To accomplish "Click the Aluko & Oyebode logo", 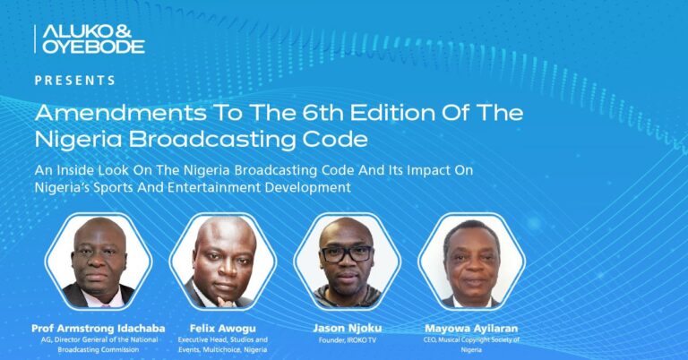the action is (90, 39).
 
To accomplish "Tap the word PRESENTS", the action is (75, 81).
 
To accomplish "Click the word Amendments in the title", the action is (120, 113).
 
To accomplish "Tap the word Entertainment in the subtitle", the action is (213, 187).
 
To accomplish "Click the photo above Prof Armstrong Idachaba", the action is (99, 261).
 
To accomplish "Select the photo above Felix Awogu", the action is (223, 261).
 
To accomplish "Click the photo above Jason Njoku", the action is (347, 261).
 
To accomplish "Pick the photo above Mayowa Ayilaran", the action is (471, 261).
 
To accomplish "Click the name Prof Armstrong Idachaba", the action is (99, 329).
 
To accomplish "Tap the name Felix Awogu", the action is (222, 329).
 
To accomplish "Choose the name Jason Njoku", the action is (347, 329).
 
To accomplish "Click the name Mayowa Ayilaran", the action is (471, 329).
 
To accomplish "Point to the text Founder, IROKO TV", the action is (347, 340).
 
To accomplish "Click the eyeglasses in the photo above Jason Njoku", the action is (347, 254).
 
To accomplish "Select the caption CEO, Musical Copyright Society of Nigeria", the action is (471, 345).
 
